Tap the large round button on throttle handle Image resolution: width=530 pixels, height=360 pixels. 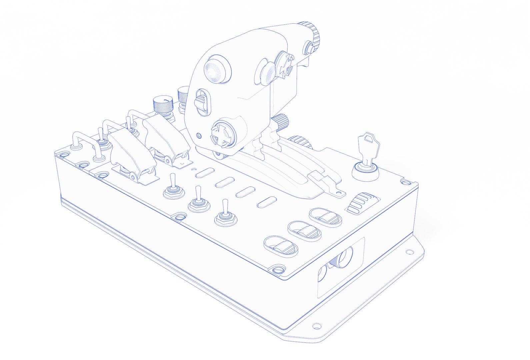click(x=217, y=71)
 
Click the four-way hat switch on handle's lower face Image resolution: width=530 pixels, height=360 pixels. click(x=222, y=135)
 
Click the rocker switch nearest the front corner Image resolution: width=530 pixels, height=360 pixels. click(x=281, y=246)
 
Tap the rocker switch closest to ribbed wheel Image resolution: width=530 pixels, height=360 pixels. click(x=325, y=218)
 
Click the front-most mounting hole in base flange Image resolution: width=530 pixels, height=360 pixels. click(x=316, y=326)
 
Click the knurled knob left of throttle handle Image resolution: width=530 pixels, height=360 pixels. click(x=163, y=105)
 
